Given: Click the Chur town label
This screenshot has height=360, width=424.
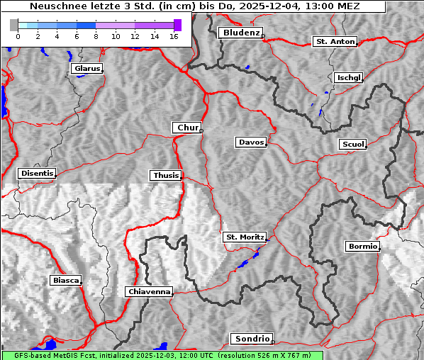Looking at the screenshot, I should coord(187,128).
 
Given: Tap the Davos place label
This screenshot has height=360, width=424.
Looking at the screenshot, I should coord(251,142).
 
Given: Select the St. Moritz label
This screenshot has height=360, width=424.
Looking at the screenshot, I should coord(244,237).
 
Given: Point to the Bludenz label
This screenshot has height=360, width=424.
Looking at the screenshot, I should coord(240,33).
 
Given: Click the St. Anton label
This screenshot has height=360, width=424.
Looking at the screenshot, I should coord(335,42).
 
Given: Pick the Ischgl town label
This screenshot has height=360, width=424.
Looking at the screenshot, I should coord(349,77).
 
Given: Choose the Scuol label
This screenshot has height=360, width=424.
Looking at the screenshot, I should coord(352,144).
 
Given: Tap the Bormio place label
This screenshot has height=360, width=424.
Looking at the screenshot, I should coord(362,247).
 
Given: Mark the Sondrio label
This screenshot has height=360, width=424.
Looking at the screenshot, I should coord(251,339).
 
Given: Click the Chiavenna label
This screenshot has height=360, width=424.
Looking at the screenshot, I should coord(149,291).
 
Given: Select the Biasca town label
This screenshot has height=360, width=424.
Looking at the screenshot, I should coord(65,281).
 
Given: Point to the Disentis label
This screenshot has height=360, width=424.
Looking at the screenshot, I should coord(37,173).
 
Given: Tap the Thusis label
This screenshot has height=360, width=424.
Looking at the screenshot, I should coord(165,175).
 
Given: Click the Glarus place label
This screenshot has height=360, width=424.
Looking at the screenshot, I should coord(87,69).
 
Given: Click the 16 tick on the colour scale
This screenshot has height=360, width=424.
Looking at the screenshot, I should coord(173,36).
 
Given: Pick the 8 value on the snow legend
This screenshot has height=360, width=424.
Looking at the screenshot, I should coord(95,36).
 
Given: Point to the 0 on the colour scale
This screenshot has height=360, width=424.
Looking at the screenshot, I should coord(17,36).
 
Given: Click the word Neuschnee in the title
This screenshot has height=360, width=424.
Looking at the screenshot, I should coord(54,6).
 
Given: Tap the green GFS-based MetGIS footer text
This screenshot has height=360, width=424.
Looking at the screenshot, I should coord(162,355).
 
